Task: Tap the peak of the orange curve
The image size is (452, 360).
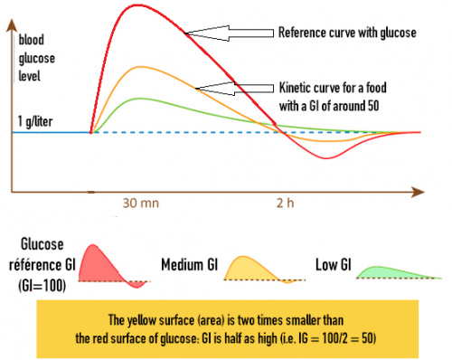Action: (137, 67)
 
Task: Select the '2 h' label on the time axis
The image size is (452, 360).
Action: (284, 204)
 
